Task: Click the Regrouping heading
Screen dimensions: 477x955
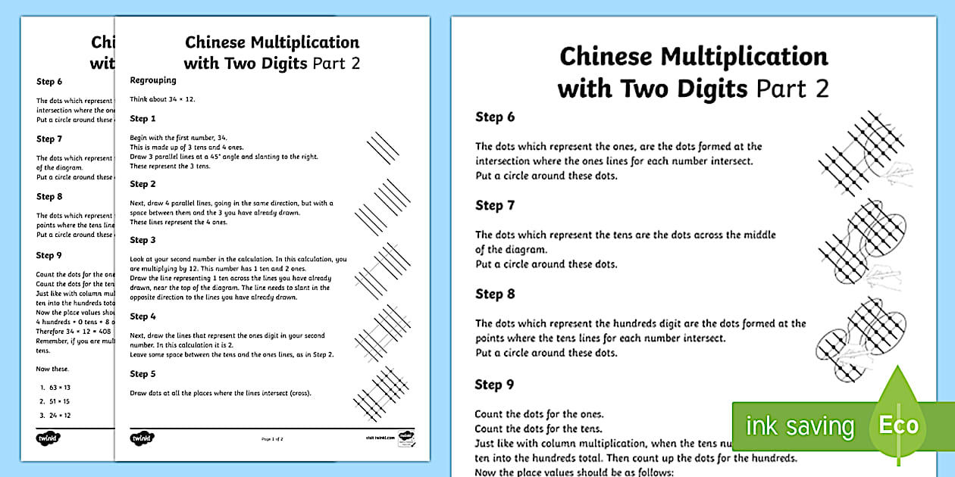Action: pos(153,80)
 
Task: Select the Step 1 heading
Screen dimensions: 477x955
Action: pos(143,119)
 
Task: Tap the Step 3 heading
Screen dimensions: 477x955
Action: pos(143,240)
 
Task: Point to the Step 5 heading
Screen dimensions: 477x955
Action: pos(143,374)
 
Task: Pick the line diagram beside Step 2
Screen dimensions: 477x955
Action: pos(383,207)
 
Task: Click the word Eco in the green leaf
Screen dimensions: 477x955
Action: pos(898,424)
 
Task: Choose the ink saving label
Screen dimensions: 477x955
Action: pos(800,426)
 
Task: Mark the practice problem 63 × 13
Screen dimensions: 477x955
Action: pos(56,387)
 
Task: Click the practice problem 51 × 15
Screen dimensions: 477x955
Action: pos(56,401)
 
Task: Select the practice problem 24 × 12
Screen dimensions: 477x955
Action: pos(56,415)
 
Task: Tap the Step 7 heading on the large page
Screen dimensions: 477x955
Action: pos(495,206)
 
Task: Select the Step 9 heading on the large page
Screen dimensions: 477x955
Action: pos(495,385)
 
